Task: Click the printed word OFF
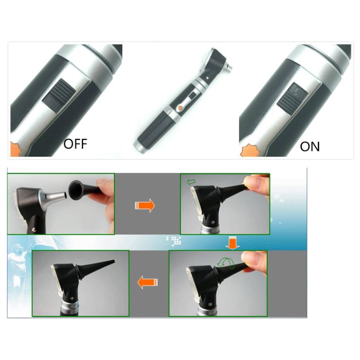[75, 144]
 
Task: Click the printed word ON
[310, 147]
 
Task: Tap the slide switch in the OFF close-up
[59, 96]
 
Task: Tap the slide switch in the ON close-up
[292, 99]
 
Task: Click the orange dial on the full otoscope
[180, 108]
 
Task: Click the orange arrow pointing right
[145, 206]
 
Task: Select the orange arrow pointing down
[232, 243]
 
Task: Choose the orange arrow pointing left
[148, 282]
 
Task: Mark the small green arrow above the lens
[191, 182]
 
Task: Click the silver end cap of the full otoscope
[138, 145]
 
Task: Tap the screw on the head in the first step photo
[34, 229]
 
